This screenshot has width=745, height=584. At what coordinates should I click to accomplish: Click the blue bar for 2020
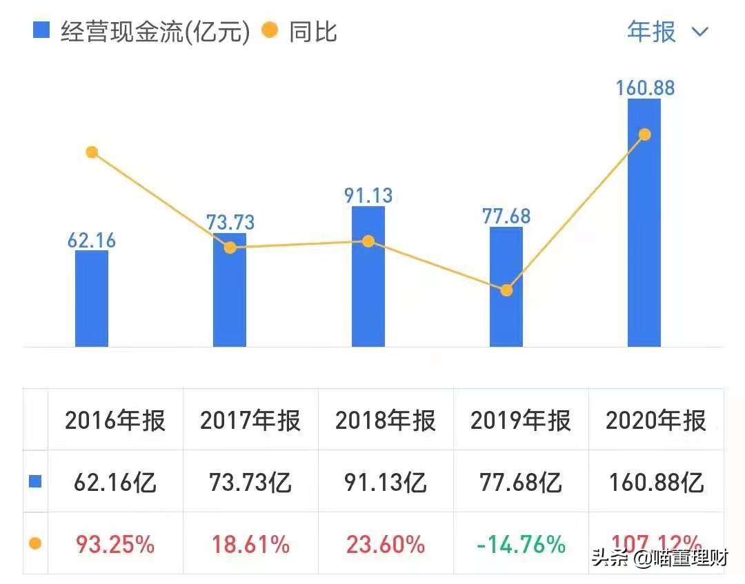tap(644, 228)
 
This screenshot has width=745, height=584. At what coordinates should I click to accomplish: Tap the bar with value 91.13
tap(368, 276)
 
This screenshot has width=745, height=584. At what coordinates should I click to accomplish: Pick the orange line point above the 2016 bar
tap(92, 152)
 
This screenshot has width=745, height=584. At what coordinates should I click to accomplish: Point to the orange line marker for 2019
tap(506, 290)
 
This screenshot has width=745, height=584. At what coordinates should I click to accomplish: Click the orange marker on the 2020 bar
tap(645, 134)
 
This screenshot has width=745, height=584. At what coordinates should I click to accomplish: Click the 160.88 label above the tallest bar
tap(646, 88)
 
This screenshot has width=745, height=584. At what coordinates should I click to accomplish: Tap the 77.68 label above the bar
tap(506, 216)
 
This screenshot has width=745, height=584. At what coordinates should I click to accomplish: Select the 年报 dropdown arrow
tap(700, 32)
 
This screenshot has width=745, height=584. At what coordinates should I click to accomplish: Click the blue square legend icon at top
tap(41, 30)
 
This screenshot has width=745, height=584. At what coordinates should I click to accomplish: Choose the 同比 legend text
tap(312, 32)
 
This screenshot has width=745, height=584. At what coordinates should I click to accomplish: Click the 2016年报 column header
tap(115, 421)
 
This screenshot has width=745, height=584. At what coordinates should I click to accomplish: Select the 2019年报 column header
tap(521, 421)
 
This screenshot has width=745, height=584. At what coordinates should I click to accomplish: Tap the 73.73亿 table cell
tap(250, 483)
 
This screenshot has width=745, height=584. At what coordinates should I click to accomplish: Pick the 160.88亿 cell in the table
tap(656, 483)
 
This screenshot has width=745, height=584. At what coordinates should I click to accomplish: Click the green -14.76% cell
tap(521, 545)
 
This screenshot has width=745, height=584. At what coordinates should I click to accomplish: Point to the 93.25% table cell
tap(115, 545)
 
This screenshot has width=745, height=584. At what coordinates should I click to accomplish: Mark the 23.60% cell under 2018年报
tap(386, 545)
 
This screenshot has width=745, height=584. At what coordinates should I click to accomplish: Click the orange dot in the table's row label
tap(35, 544)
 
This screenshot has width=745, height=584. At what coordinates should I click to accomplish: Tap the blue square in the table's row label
tap(35, 482)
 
